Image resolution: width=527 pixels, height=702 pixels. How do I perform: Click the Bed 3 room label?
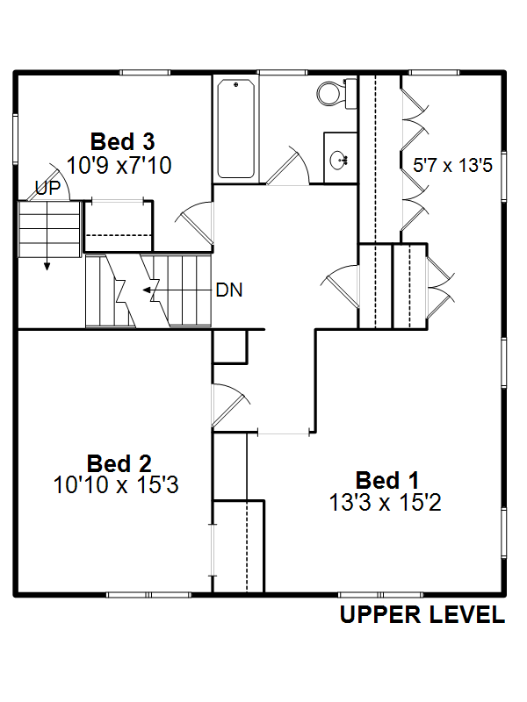coord(122,142)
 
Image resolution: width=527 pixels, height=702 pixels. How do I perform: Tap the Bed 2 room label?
coord(119,464)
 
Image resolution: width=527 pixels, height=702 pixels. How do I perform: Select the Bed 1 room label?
coord(387,481)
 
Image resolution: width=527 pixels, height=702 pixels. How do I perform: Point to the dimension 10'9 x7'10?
coord(119,165)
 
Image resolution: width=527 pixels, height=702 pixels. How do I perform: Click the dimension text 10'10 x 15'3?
coord(116,485)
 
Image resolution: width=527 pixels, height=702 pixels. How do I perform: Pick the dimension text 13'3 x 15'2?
coord(385,502)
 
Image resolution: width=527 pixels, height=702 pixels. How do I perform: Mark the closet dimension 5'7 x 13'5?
coord(452,165)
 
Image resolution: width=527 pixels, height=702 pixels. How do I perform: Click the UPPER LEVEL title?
coord(422,614)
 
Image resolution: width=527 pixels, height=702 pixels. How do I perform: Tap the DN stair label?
coord(229,290)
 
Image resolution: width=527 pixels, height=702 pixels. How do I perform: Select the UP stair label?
coord(47,188)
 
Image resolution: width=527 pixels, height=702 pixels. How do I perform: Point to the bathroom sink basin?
coord(339,160)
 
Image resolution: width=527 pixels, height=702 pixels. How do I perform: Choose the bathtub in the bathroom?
coord(235,128)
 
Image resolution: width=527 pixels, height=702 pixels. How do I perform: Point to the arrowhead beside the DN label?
coord(147,290)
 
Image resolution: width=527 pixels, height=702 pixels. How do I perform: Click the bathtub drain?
coord(235,84)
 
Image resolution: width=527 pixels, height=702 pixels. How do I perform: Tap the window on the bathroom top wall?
coord(282,72)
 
